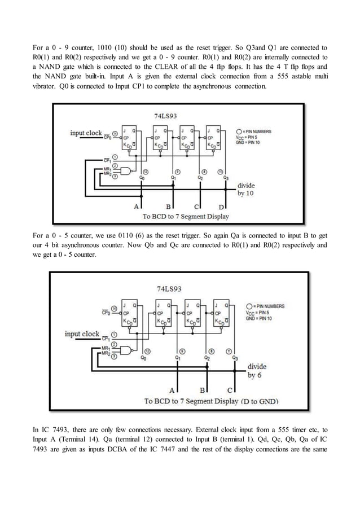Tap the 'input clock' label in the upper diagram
coord(86,133)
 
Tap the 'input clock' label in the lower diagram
coord(82,334)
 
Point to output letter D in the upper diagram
coord(220,206)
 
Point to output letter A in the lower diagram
coord(172,389)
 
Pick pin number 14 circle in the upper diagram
coord(115,133)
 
